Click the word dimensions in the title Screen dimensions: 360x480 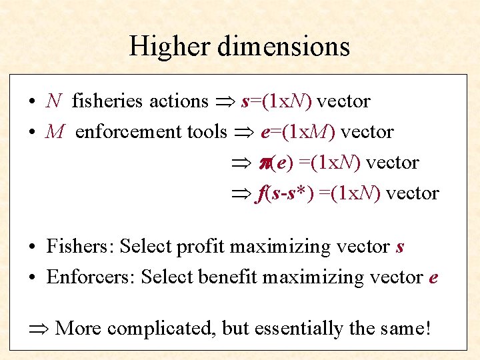point(286,46)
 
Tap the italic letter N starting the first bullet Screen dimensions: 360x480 point(54,101)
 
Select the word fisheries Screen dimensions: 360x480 point(107,101)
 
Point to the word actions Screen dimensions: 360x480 point(179,101)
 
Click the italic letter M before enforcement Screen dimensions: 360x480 point(55,132)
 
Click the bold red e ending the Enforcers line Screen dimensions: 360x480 point(433,277)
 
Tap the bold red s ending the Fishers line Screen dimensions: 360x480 point(400,247)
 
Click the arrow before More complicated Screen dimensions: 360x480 point(40,328)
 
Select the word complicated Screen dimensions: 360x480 point(160,328)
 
